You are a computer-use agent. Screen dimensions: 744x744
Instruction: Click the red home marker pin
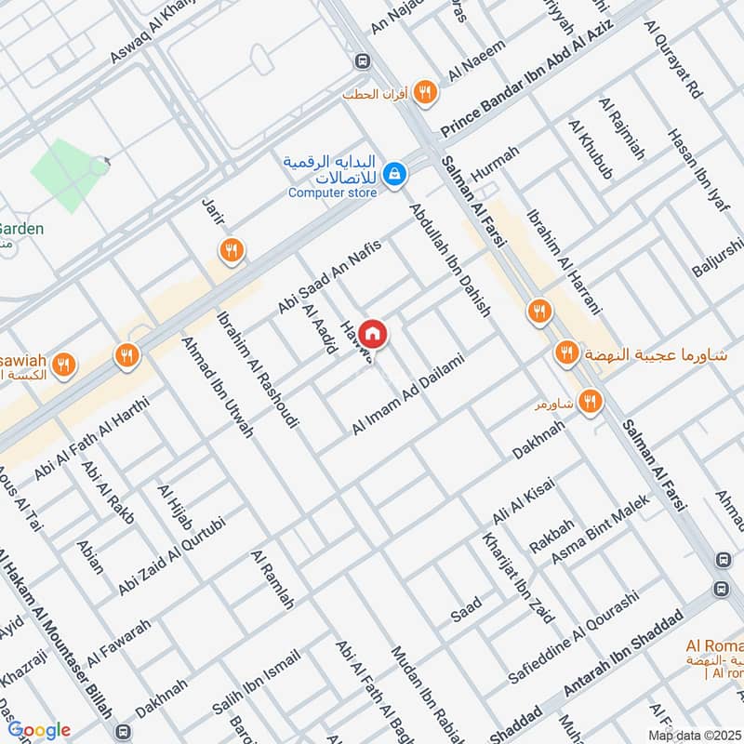[x=372, y=333]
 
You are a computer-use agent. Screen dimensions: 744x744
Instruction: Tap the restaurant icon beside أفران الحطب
[x=426, y=90]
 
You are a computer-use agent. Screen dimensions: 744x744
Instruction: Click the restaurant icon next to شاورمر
[x=589, y=402]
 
